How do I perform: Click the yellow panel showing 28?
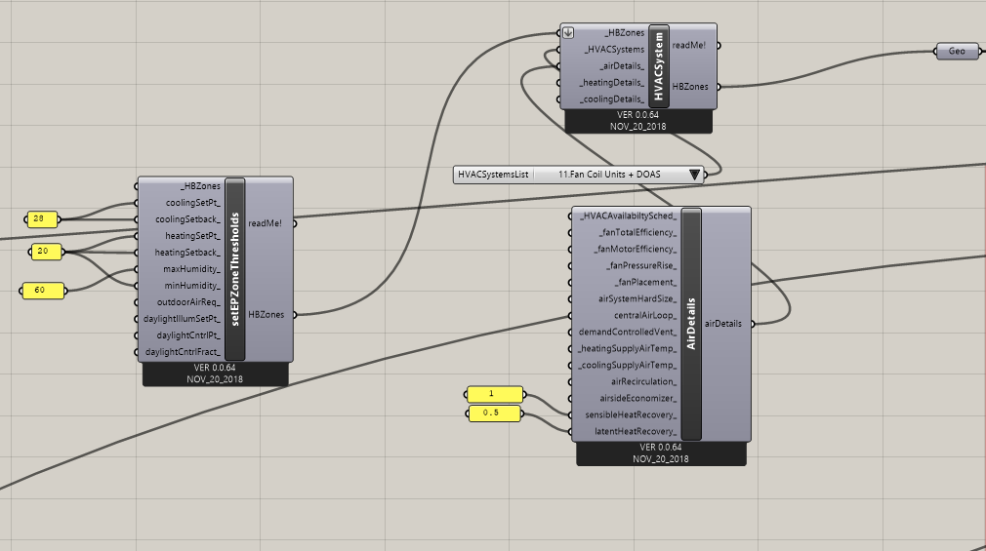[42, 219]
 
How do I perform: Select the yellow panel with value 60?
[43, 291]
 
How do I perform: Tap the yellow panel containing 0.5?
[494, 413]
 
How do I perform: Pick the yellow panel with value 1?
[495, 394]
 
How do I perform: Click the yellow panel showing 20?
[46, 252]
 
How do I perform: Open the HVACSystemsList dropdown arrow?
[694, 175]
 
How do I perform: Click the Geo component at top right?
[957, 52]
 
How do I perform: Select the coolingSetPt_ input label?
[193, 203]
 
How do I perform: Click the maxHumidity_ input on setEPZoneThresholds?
[191, 269]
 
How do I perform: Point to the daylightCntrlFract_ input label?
[183, 352]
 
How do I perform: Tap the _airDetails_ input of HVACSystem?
[623, 66]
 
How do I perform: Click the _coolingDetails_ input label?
[612, 99]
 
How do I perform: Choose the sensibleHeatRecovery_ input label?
[631, 414]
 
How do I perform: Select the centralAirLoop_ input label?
[646, 315]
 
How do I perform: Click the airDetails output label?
[723, 324]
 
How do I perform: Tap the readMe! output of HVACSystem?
[689, 45]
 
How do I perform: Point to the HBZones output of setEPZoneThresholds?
[266, 314]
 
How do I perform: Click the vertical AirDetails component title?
[691, 324]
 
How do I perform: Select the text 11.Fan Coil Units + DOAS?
[609, 175]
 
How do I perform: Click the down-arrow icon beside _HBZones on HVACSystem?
[568, 33]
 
